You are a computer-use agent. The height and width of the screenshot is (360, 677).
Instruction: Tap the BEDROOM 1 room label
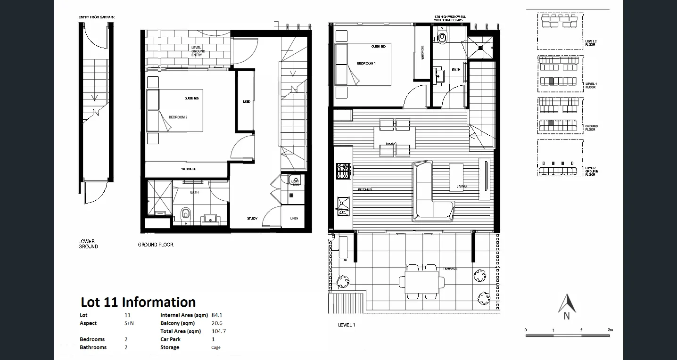[366, 64]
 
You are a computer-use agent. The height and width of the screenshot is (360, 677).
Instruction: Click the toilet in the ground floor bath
[185, 214]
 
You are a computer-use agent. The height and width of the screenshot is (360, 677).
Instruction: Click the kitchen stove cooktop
[343, 171]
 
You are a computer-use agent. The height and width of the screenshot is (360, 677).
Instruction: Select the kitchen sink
[343, 206]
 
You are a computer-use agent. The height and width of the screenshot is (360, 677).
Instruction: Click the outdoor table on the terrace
[421, 282]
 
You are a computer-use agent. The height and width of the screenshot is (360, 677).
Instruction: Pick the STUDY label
[252, 218]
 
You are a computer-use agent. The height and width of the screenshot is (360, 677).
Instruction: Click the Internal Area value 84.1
[217, 315]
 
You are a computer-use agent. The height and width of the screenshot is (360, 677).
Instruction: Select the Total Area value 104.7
[219, 331]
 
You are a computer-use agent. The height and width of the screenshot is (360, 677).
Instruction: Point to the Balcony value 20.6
[217, 323]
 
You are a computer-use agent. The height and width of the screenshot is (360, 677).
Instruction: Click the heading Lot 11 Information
[138, 302]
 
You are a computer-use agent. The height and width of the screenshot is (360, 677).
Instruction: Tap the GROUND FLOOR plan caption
[156, 245]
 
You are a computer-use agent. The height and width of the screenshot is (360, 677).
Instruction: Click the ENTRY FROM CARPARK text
[97, 17]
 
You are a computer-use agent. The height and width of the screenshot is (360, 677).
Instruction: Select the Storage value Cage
[216, 348]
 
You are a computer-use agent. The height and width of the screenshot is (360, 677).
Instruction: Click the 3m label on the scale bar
[610, 330]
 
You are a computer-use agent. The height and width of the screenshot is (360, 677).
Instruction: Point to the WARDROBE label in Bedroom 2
[189, 169]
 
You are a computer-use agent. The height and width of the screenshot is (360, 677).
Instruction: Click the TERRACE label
[450, 269]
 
